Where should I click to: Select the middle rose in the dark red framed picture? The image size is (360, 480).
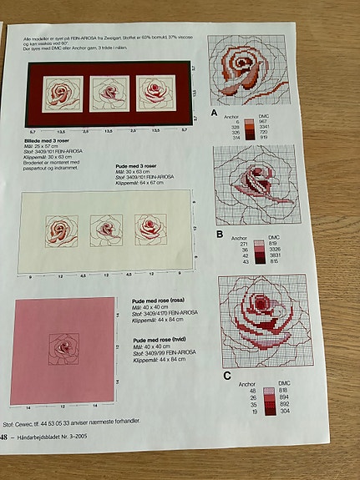point(108,90)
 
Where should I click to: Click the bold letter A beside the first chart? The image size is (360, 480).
point(215,112)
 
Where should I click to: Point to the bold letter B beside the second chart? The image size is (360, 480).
point(219,235)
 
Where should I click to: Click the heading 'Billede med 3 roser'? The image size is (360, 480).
point(48,142)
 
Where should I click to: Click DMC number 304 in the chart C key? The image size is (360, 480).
point(285,412)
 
